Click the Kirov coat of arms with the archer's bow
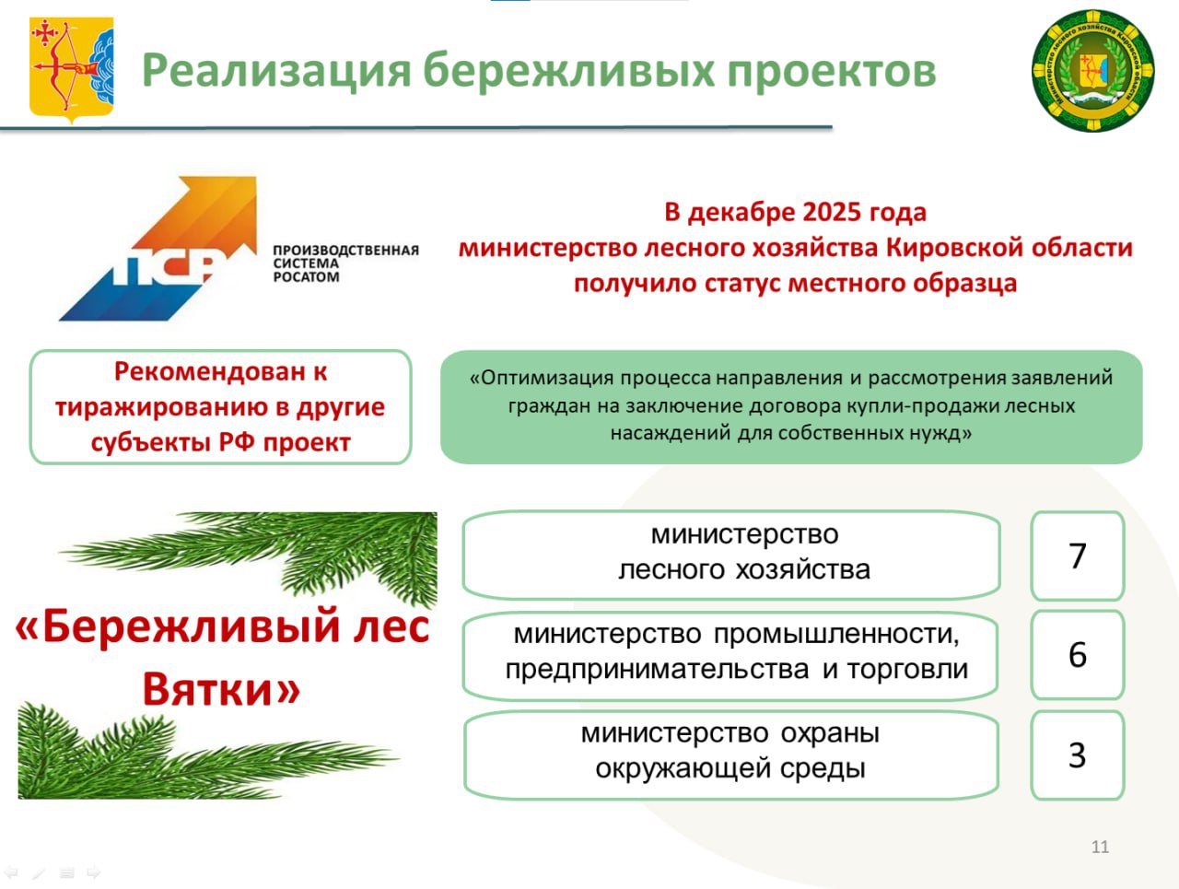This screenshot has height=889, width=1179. (x=72, y=69)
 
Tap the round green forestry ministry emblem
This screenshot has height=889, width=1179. (x=1093, y=70)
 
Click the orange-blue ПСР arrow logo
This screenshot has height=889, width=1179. (x=158, y=248)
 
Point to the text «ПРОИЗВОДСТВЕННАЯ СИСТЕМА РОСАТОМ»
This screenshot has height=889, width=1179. (x=346, y=263)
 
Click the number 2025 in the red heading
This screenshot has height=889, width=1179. (x=833, y=212)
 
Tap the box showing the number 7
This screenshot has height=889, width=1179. (x=1078, y=556)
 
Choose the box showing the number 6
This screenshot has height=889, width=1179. (x=1078, y=655)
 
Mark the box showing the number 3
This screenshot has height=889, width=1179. (x=1078, y=754)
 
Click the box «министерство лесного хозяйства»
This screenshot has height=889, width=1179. (x=731, y=555)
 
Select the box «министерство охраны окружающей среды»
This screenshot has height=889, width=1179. (x=731, y=754)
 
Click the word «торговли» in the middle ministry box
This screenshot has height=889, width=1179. (x=908, y=670)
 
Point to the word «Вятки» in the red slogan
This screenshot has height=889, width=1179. (x=221, y=689)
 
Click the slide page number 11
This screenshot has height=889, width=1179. (x=1101, y=848)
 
